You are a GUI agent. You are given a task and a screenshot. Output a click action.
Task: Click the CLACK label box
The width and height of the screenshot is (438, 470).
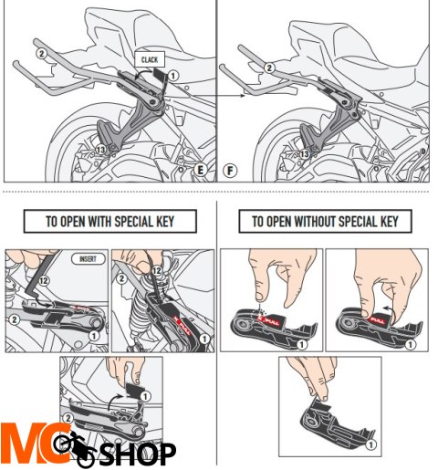pos(150,59)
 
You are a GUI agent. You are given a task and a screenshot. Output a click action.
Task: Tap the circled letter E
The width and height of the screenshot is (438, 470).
pos(199,171)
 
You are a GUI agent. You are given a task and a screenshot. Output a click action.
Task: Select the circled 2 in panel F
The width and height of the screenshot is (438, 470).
pos(270,67)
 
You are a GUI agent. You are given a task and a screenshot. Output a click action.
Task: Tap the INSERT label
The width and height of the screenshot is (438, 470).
pos(88,259)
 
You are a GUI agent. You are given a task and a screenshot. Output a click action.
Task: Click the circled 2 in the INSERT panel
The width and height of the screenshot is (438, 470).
pos(14,319)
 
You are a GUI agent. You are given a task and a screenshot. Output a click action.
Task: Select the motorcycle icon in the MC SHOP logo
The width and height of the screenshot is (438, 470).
pos(78,447)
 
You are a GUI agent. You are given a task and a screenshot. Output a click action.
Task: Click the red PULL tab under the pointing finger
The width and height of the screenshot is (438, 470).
pos(271,319)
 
